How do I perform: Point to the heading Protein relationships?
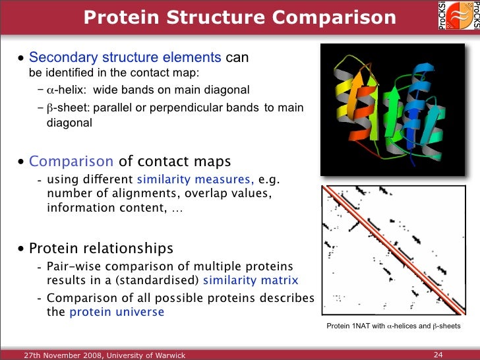point(101,249)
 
